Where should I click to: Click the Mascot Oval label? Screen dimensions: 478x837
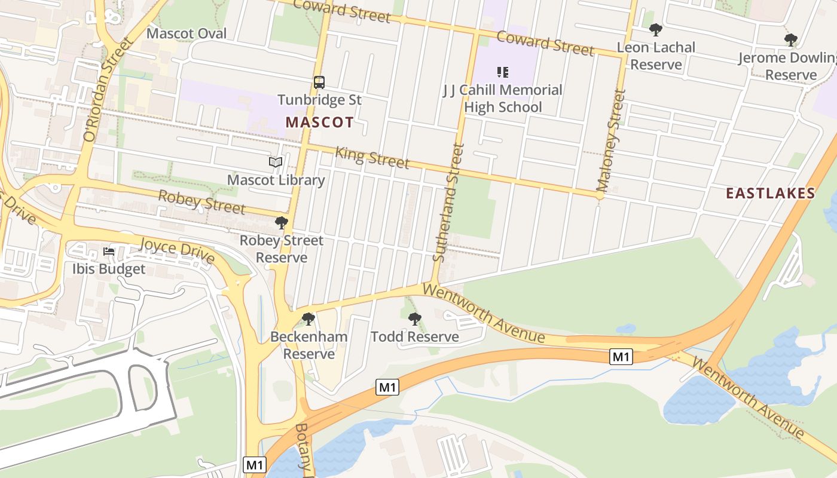click(187, 33)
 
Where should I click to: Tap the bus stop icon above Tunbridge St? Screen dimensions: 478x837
click(319, 82)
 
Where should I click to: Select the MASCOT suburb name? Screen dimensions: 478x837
click(319, 122)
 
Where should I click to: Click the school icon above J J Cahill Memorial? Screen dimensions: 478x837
click(502, 72)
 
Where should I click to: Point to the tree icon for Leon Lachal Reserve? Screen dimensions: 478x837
click(656, 30)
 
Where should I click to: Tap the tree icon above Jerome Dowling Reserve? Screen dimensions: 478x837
click(791, 40)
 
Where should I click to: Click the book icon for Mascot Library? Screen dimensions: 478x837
click(275, 162)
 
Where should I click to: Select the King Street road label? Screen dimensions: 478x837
click(372, 157)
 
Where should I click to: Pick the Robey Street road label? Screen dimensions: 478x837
click(201, 202)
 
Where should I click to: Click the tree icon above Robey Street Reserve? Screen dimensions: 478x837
click(281, 223)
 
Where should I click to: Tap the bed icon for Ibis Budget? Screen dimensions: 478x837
click(109, 252)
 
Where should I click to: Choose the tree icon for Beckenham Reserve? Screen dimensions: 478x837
click(308, 319)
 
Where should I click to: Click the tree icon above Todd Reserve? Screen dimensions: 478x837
click(414, 319)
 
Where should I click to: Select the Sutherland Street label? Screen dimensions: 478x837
click(448, 203)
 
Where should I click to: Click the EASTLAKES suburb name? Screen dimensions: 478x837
click(770, 193)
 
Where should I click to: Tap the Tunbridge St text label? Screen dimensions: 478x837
click(319, 100)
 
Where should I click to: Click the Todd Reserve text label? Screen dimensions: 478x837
click(414, 336)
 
